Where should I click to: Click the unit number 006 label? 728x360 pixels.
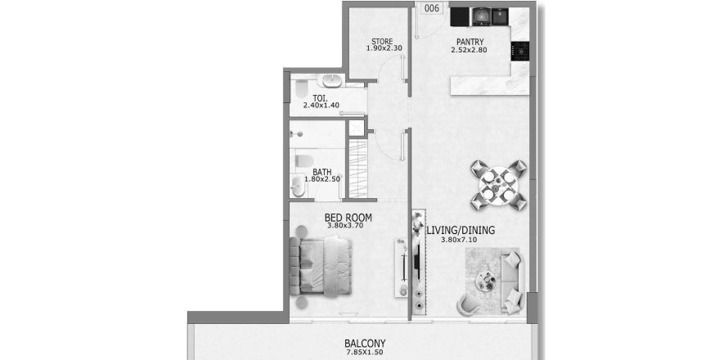(x=432, y=8)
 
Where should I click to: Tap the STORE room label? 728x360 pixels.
(x=382, y=42)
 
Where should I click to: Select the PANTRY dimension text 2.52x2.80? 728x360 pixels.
(x=469, y=50)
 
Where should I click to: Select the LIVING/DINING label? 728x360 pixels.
(x=461, y=230)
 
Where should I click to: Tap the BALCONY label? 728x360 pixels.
(x=365, y=344)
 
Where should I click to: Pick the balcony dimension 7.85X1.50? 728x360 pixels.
(x=365, y=353)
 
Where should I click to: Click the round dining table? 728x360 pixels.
(x=499, y=184)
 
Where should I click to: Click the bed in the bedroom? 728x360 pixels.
(x=321, y=266)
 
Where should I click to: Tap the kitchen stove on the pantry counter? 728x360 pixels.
(x=520, y=51)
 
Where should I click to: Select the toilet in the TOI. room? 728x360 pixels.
(x=302, y=88)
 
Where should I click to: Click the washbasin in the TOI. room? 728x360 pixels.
(x=332, y=80)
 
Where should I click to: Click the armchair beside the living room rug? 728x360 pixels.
(x=468, y=304)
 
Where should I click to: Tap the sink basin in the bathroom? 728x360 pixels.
(x=298, y=187)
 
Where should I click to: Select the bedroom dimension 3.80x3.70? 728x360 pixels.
(x=344, y=226)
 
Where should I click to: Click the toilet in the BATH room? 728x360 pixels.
(x=303, y=160)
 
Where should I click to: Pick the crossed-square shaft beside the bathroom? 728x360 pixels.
(x=357, y=128)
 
